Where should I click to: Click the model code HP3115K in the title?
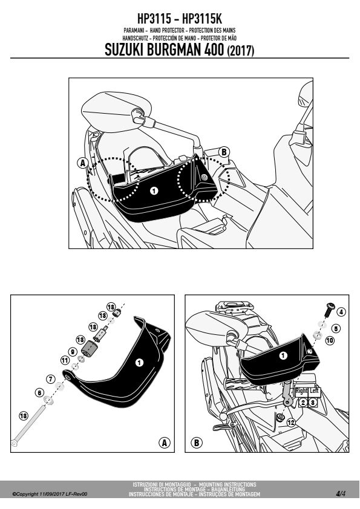click(202, 19)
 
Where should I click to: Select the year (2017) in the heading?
click(240, 51)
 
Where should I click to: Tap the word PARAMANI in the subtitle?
click(134, 30)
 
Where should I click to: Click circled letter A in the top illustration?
click(83, 163)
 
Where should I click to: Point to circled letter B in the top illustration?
click(224, 152)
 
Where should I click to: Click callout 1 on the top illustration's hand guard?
click(154, 191)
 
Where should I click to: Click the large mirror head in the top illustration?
click(116, 111)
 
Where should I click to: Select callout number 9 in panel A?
click(73, 352)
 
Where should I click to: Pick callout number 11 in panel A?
click(65, 360)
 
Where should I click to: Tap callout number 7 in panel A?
click(50, 379)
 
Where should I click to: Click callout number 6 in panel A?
click(39, 393)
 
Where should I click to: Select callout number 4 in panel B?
click(341, 313)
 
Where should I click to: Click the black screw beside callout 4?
click(330, 310)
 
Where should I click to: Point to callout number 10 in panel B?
click(330, 340)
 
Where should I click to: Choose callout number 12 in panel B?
click(291, 423)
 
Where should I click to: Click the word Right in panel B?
click(301, 391)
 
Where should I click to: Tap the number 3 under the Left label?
click(313, 403)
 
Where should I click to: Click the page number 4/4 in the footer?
click(341, 494)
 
